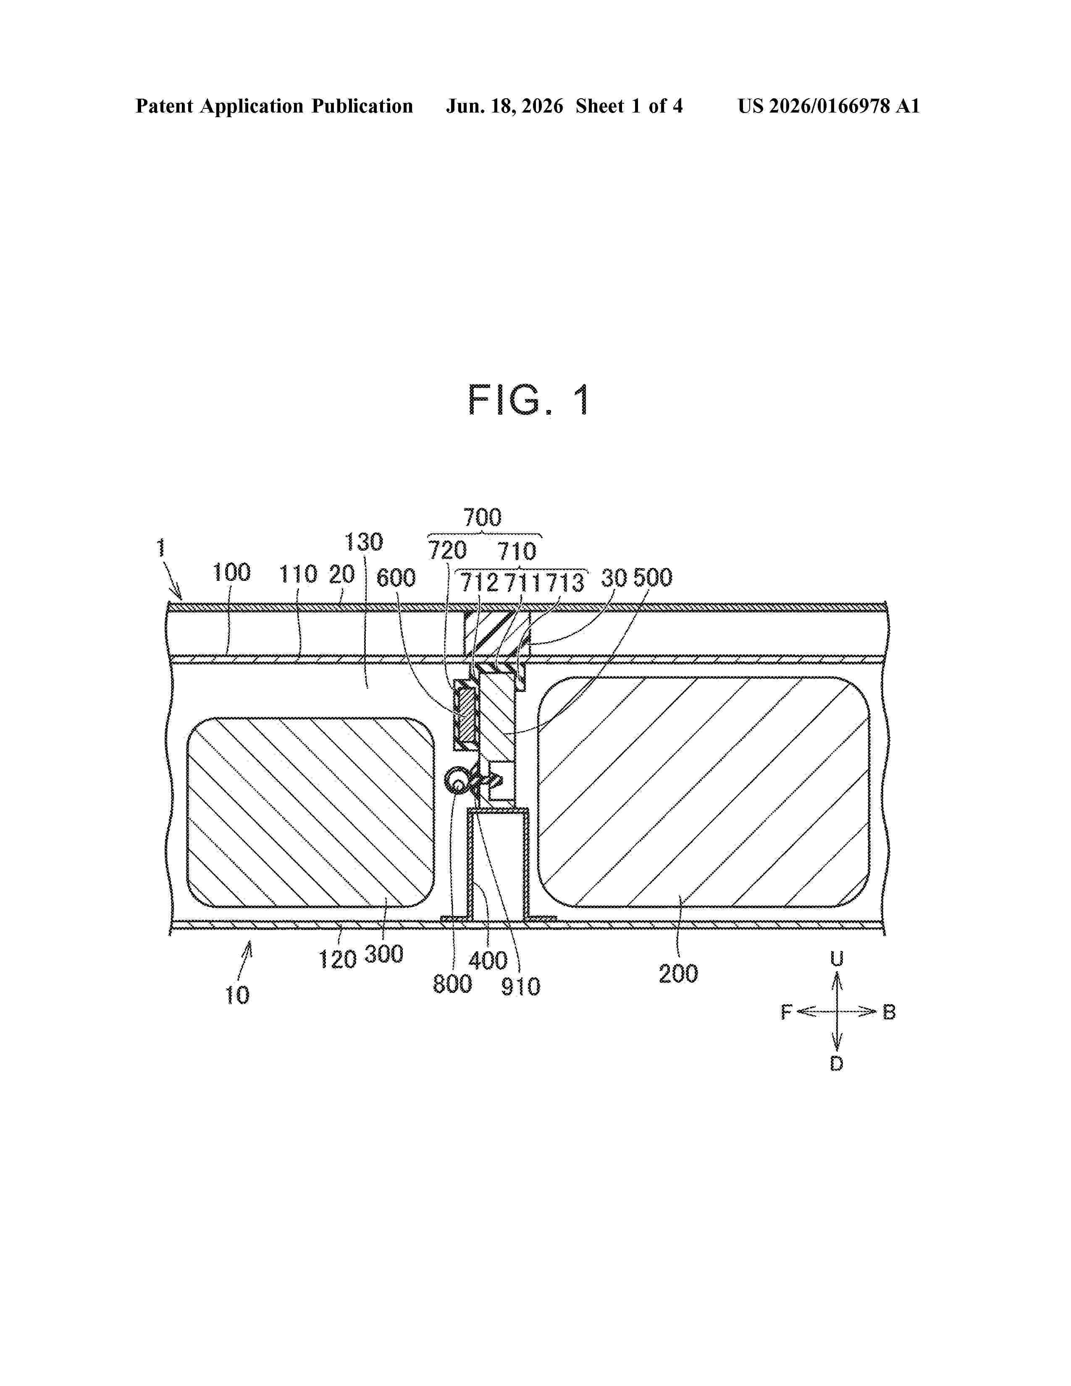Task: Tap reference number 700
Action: pyautogui.click(x=482, y=517)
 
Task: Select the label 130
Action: pyautogui.click(x=364, y=542)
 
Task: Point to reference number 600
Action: pyautogui.click(x=396, y=578)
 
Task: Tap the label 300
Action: pyautogui.click(x=384, y=954)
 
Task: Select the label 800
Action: pyautogui.click(x=452, y=984)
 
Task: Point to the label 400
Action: pyautogui.click(x=488, y=960)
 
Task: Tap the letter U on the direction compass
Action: pyautogui.click(x=837, y=959)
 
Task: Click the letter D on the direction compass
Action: pyautogui.click(x=837, y=1063)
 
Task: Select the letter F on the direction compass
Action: pyautogui.click(x=787, y=1012)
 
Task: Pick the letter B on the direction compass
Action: pyautogui.click(x=889, y=1012)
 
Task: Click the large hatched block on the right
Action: pyautogui.click(x=703, y=792)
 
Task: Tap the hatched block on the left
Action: pyautogui.click(x=311, y=812)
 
